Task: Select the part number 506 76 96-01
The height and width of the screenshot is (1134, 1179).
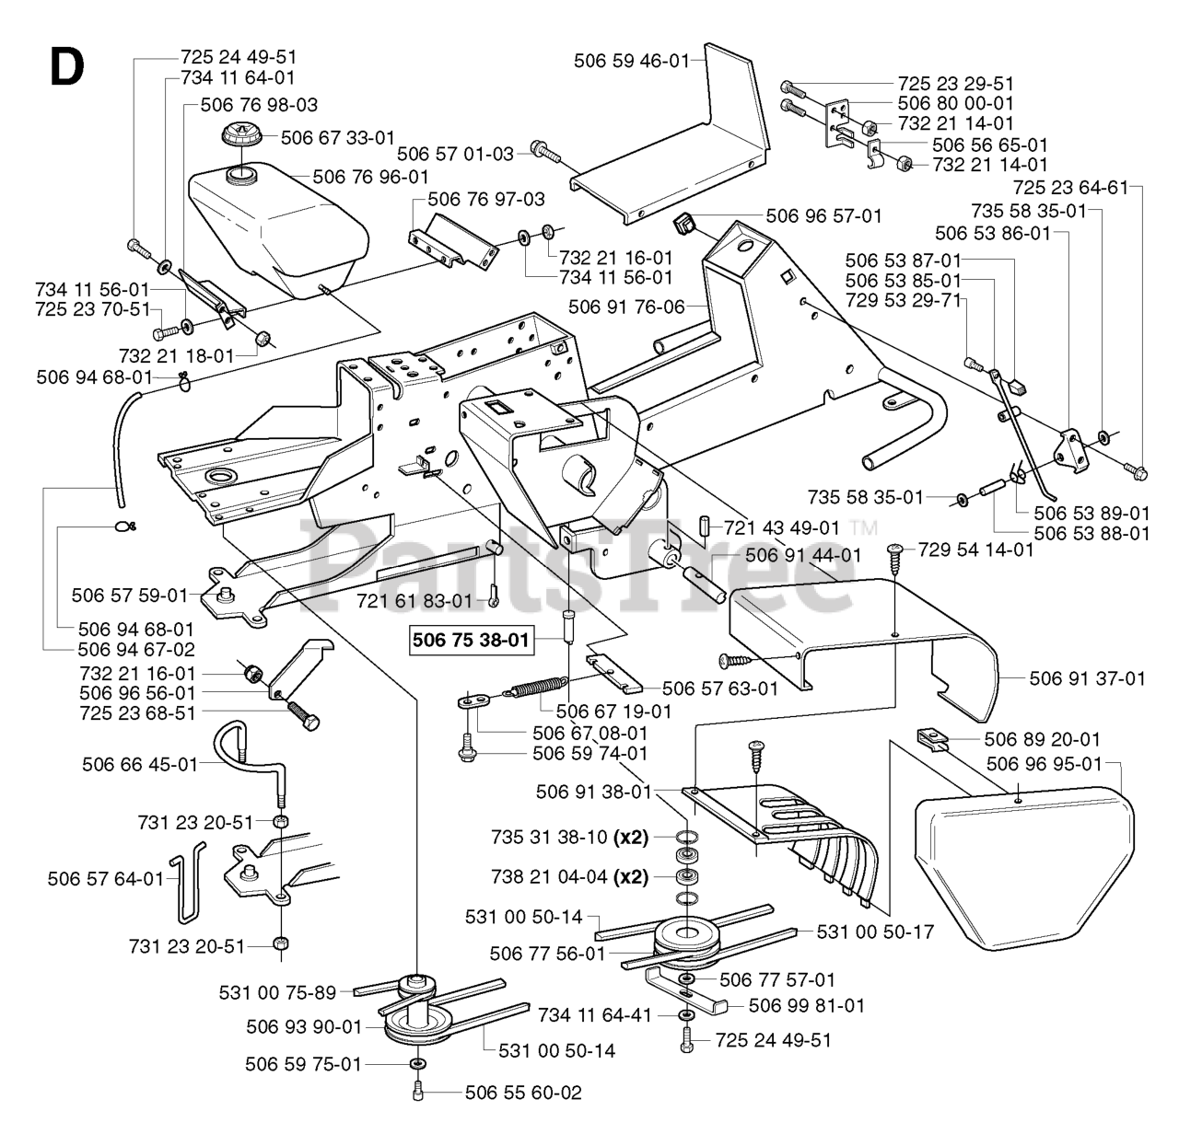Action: coord(370,176)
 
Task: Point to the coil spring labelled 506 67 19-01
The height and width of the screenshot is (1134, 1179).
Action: coord(538,688)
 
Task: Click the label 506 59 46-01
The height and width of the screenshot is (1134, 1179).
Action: coord(631,62)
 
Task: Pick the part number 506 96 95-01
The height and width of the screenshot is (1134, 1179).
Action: coord(1044,763)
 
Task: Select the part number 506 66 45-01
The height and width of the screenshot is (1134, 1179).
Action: coord(140,764)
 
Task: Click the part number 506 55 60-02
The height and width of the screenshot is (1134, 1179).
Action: coord(523,1093)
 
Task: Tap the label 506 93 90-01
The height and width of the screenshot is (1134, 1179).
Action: coord(304,1026)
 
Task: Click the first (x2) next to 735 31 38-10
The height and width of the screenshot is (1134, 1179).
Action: coord(634,838)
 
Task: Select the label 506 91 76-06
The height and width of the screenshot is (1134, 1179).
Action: coord(626,307)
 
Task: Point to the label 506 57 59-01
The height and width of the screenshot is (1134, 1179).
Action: coord(129,595)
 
